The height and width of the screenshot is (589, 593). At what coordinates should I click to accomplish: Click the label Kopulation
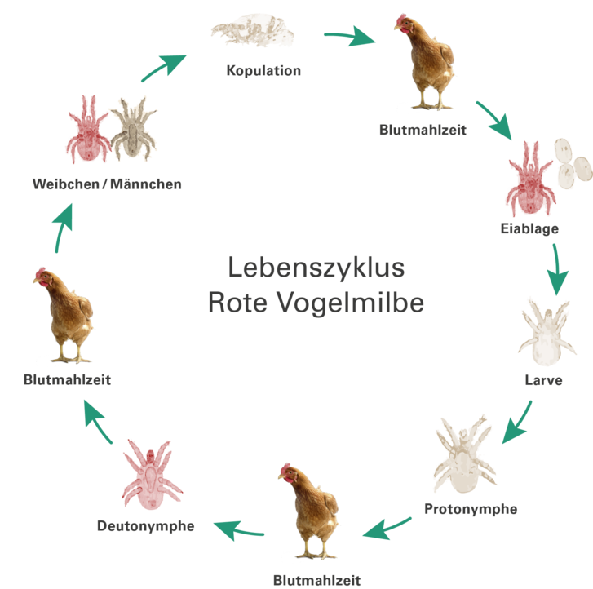pyautogui.click(x=263, y=70)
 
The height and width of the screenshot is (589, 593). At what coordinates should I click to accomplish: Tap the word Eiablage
pyautogui.click(x=529, y=228)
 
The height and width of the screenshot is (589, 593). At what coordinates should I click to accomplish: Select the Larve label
pyautogui.click(x=543, y=379)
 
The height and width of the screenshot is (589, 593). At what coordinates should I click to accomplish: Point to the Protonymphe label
pyautogui.click(x=471, y=509)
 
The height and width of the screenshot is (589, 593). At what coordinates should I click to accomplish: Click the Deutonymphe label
pyautogui.click(x=145, y=526)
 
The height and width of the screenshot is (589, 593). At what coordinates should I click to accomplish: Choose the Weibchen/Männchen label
pyautogui.click(x=106, y=184)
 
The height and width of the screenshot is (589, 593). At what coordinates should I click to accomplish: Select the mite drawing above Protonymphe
pyautogui.click(x=462, y=457)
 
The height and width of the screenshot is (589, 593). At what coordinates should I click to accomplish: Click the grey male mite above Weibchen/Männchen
pyautogui.click(x=134, y=128)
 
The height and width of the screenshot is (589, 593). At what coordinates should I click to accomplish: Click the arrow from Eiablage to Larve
pyautogui.click(x=557, y=269)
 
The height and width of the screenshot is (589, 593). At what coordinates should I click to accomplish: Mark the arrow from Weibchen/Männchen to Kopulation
pyautogui.click(x=162, y=69)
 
